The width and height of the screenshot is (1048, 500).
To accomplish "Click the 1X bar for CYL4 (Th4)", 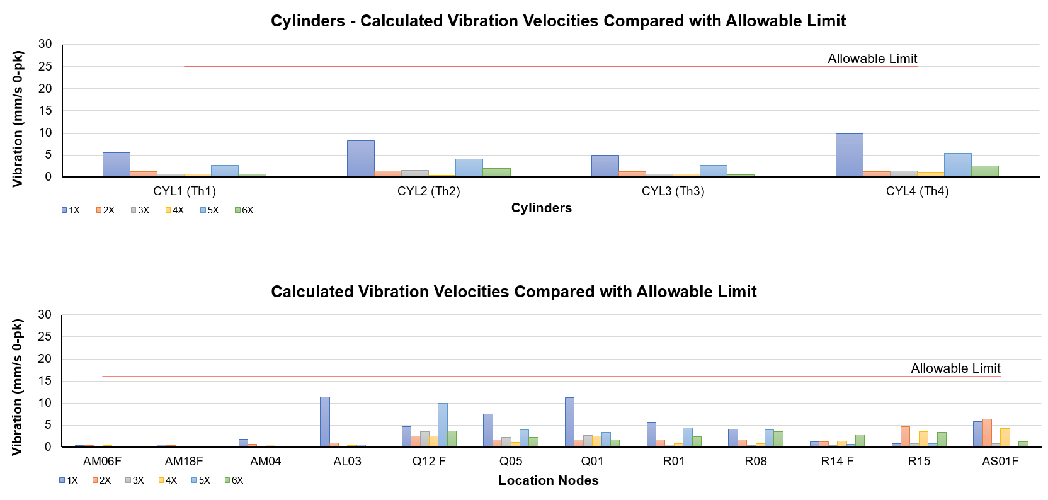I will click(849, 155).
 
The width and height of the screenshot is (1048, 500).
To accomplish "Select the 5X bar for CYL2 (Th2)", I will click(469, 168).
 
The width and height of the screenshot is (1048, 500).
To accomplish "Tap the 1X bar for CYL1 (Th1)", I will click(116, 164).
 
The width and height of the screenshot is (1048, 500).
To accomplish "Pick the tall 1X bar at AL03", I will click(325, 421).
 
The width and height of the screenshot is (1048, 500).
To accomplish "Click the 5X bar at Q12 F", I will click(443, 425).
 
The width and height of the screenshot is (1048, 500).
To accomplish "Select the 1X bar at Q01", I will click(569, 422).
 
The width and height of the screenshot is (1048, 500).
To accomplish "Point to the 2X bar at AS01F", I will click(987, 433).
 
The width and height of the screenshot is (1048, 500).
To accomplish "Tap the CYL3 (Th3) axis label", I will click(673, 191).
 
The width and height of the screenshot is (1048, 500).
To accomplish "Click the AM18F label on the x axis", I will click(184, 462).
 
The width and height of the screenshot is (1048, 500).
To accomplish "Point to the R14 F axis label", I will click(837, 462).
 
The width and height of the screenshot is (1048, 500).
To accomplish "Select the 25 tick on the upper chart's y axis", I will click(45, 66).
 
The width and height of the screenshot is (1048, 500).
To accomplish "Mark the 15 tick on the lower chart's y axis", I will click(45, 380).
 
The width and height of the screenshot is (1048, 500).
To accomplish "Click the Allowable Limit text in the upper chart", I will click(872, 59).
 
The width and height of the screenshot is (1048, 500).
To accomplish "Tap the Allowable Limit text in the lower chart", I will click(955, 368).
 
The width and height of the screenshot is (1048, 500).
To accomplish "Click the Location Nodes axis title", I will click(549, 480).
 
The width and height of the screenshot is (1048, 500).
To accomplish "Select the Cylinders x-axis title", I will click(542, 208).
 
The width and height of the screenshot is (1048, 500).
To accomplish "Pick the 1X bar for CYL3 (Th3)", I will click(605, 166).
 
